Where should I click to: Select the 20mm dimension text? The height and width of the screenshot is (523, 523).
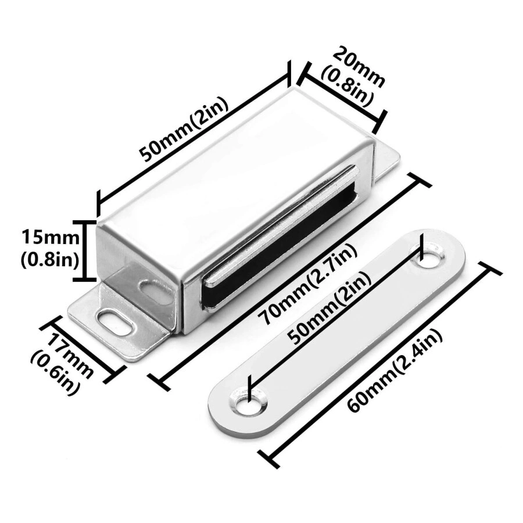tap(360, 67)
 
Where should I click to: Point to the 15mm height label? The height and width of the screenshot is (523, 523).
tap(51, 238)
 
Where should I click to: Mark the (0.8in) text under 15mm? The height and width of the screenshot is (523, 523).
tap(50, 260)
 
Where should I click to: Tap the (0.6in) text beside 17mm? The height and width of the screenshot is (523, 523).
tap(55, 370)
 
